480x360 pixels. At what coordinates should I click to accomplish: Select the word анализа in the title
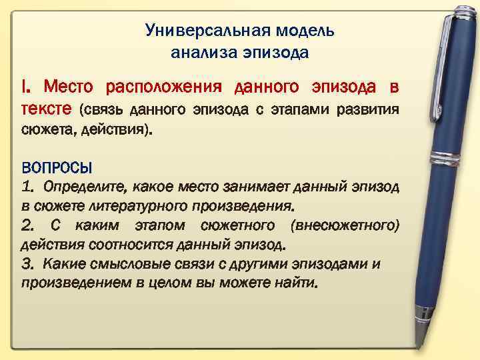(199, 52)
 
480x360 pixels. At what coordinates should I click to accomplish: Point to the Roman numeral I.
(27, 87)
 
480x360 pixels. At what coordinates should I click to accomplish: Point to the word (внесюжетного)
(345, 225)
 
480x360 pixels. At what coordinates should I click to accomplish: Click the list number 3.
(27, 263)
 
